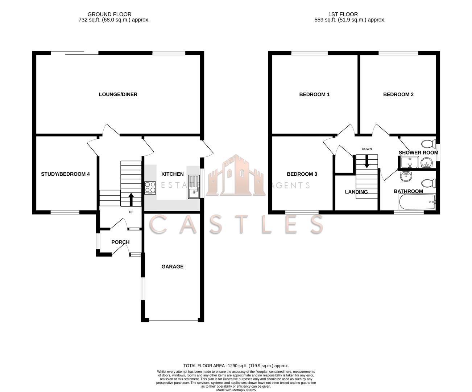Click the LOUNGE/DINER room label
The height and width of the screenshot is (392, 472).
tap(118, 94)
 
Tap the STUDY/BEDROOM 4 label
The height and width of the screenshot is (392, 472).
tap(65, 174)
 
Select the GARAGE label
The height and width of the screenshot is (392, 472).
tap(172, 266)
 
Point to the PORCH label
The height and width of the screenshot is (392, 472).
tap(120, 242)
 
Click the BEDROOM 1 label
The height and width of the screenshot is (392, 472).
tap(314, 94)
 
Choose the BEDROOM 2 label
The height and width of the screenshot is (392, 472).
tap(398, 94)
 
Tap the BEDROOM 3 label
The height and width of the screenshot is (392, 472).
tap(302, 174)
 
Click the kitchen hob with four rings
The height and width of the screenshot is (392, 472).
tap(150, 187)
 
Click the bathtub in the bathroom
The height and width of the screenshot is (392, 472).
tap(417, 202)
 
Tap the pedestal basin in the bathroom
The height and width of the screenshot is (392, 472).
tap(406, 176)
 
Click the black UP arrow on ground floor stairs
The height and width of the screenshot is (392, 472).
tap(131, 199)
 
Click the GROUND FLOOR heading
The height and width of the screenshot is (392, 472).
tap(114, 15)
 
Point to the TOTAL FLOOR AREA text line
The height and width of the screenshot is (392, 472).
tap(236, 366)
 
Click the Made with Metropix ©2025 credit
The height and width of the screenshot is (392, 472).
tap(236, 390)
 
